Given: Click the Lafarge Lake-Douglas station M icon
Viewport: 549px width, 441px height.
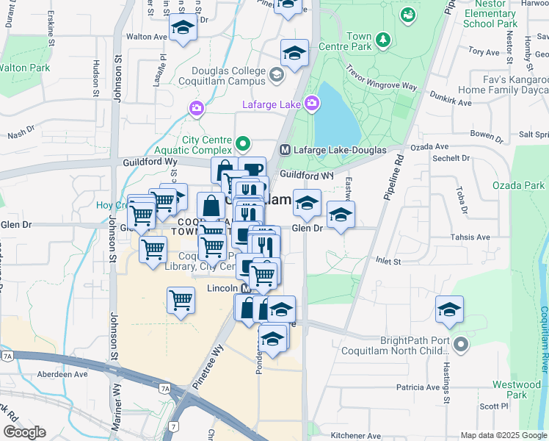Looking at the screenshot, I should pos(286,150).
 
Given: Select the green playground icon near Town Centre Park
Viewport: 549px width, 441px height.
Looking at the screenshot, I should pos(407,14).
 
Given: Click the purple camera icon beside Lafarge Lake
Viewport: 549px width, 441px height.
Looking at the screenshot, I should pos(311,104).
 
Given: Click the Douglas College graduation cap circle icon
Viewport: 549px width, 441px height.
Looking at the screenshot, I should pos(276,73).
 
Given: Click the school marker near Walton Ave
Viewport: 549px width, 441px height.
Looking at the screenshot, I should pos(183,29).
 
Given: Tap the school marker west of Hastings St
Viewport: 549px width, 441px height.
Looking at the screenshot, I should pos(449,311).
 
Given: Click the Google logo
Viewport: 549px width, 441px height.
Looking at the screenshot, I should pos(23,432).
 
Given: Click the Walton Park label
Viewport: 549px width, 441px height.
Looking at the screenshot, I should pos(24,68).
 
